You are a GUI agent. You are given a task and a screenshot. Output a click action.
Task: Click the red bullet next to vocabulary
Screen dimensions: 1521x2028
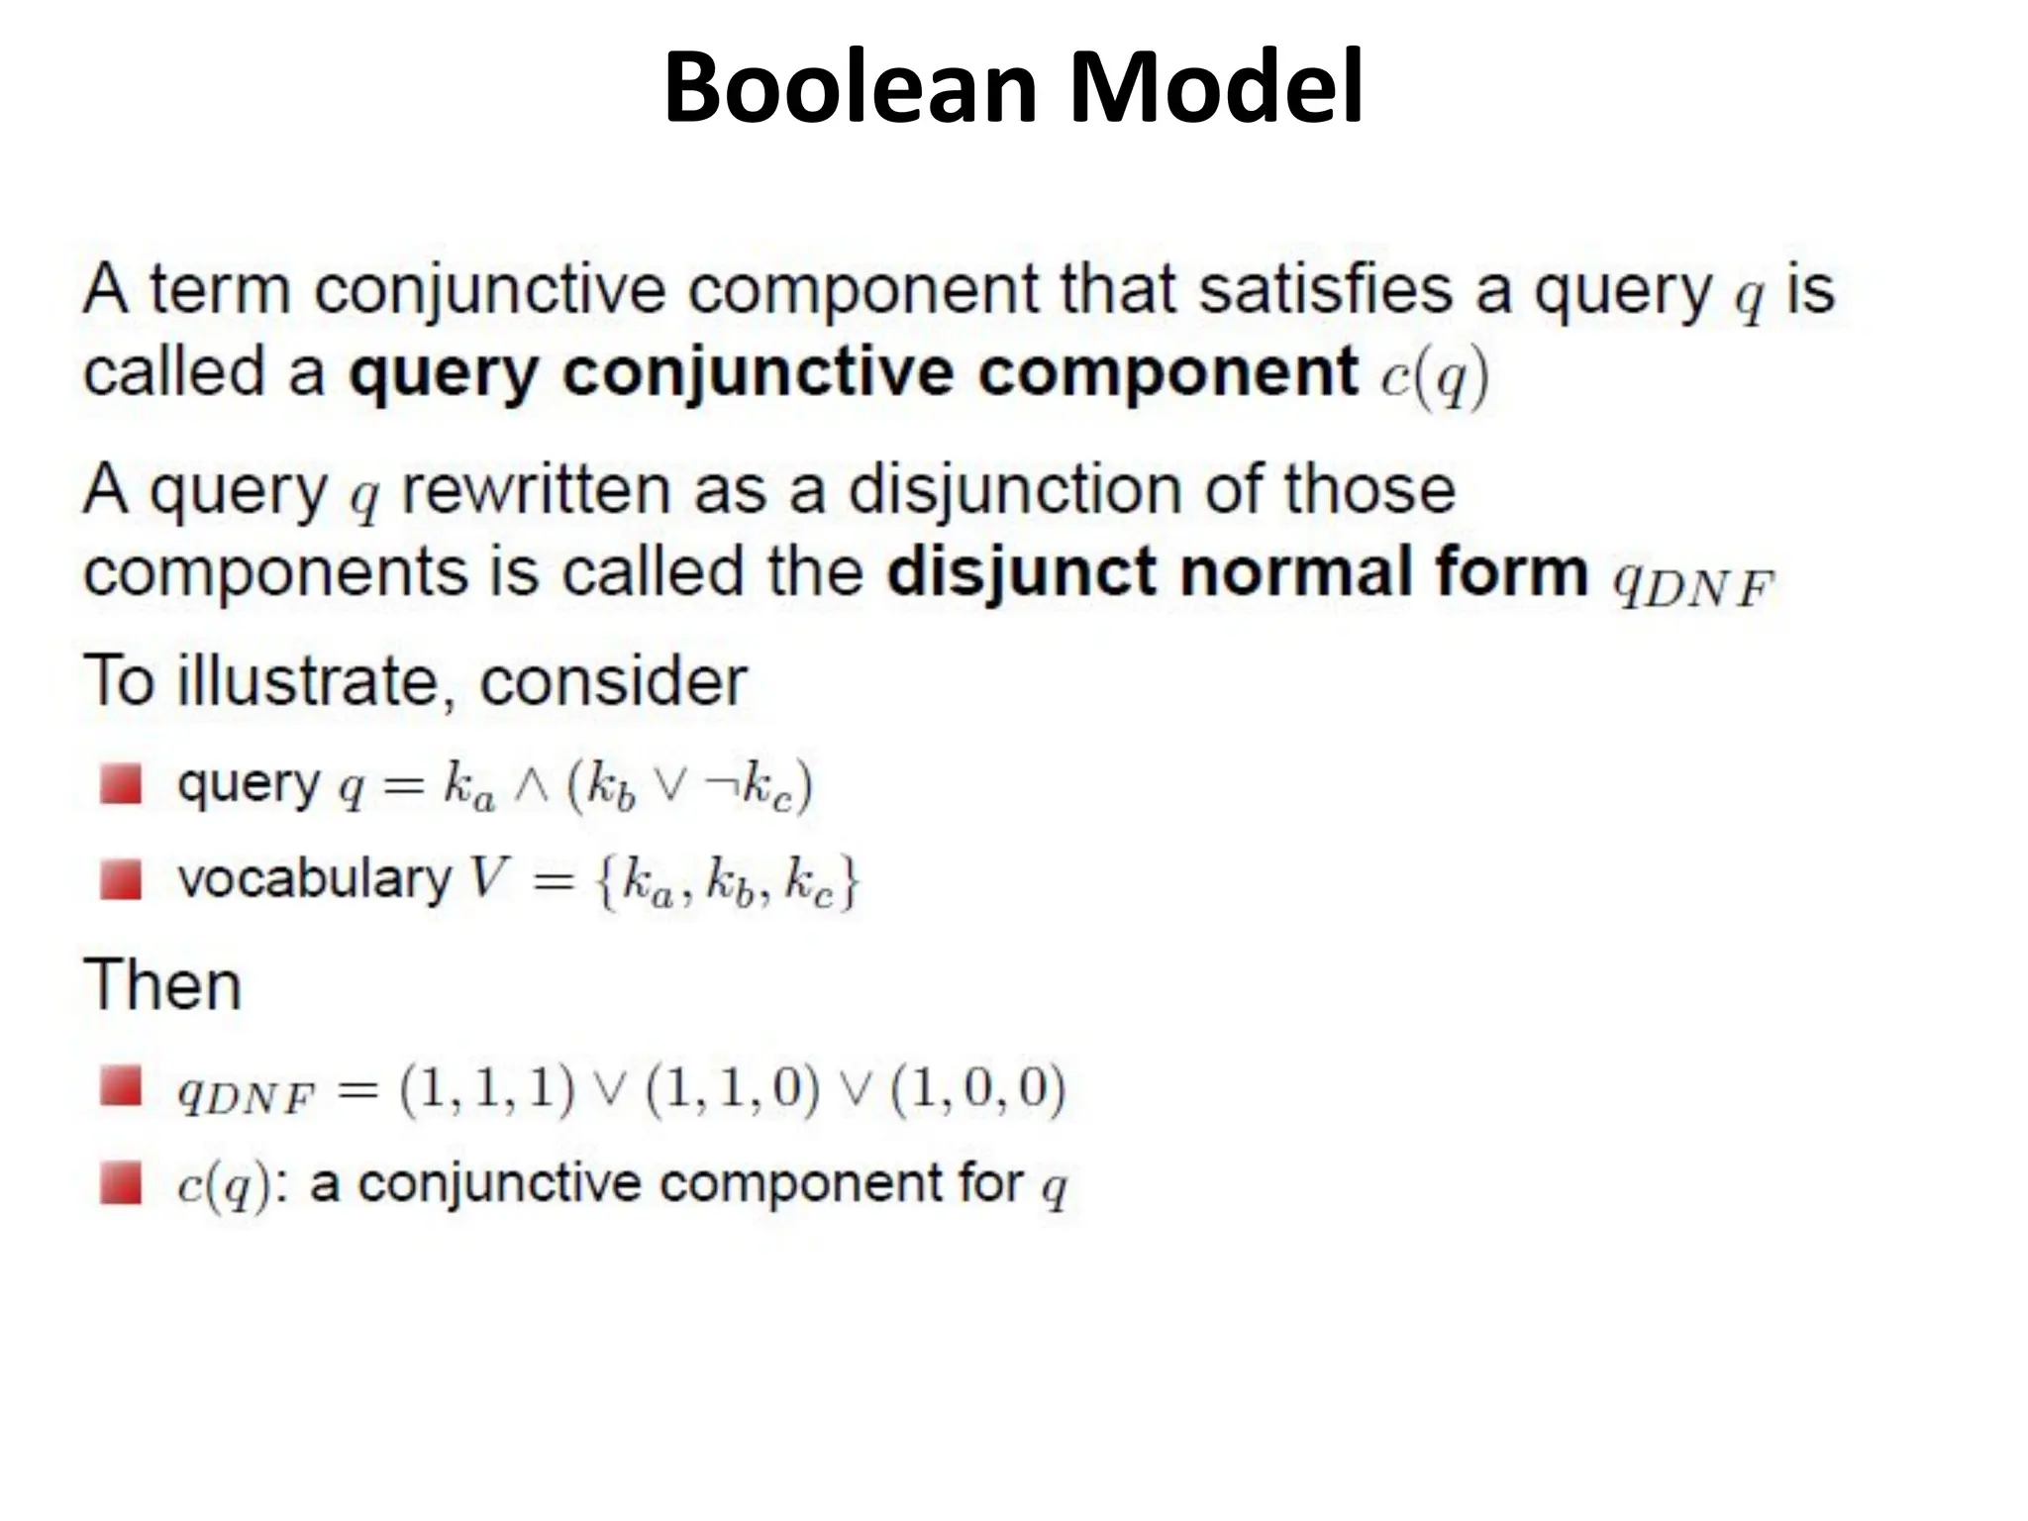121,879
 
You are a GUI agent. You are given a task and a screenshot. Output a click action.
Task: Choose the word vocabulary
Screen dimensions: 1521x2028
314,879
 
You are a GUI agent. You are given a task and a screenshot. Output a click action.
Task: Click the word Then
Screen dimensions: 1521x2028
162,985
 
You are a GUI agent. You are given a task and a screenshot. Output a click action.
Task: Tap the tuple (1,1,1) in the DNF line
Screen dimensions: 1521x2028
486,1088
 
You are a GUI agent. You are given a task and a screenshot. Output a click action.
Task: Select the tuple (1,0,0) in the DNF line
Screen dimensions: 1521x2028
978,1088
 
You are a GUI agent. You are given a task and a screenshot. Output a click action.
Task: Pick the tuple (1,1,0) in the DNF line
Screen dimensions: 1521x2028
732,1088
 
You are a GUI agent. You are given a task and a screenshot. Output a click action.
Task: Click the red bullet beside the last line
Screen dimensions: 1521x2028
121,1184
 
